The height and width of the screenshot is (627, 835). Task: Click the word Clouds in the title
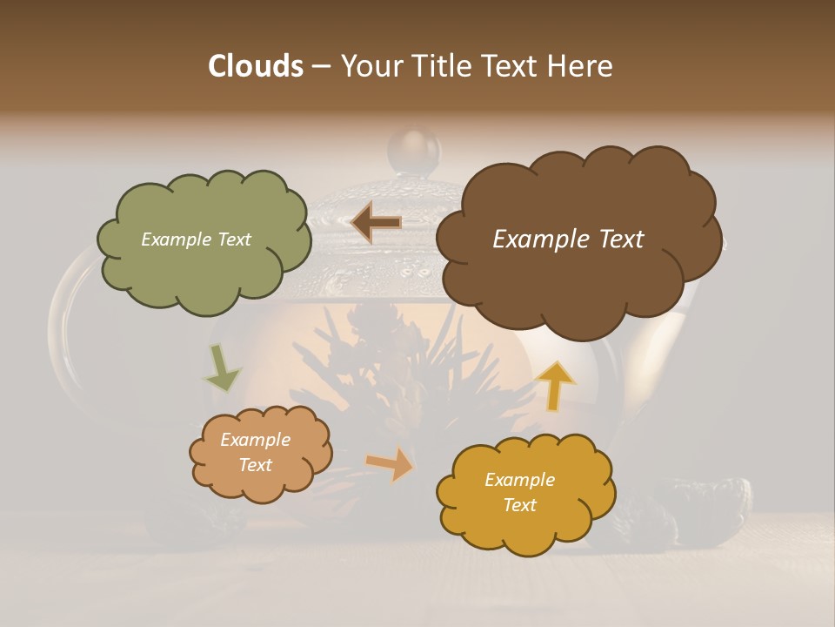[x=256, y=66]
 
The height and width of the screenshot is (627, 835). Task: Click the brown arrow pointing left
[x=376, y=223]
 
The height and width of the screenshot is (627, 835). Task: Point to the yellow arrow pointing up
[x=556, y=386]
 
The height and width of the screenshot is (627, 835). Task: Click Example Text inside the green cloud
[x=196, y=239]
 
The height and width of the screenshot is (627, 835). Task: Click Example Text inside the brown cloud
[x=568, y=239]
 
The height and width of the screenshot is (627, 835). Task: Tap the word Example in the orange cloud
[x=255, y=440]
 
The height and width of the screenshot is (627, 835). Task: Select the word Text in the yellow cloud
[x=519, y=505]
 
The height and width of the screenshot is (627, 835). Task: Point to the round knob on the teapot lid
[x=414, y=150]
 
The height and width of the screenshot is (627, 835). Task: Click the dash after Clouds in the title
[x=320, y=66]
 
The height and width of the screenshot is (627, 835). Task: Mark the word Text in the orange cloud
[x=255, y=465]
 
